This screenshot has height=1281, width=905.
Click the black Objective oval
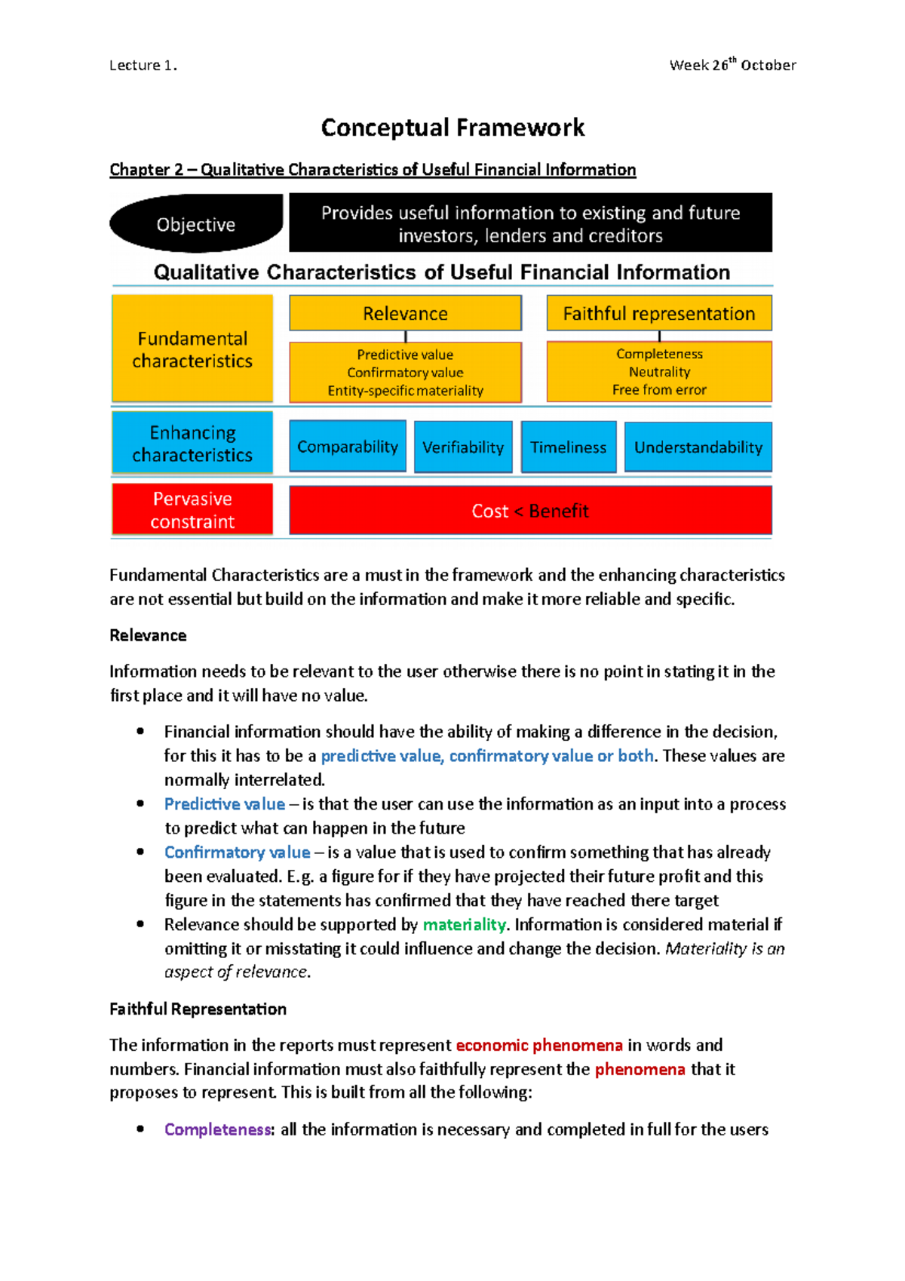(196, 223)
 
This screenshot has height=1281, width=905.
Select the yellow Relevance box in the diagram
(405, 313)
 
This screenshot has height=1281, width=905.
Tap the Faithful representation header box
(658, 313)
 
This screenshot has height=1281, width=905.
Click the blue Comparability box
(348, 447)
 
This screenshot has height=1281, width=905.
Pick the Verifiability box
(463, 447)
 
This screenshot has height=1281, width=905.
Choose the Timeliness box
(568, 447)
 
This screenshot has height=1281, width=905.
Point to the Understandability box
(698, 447)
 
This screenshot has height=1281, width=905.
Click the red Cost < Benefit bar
(530, 511)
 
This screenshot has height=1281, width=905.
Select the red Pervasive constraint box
(192, 510)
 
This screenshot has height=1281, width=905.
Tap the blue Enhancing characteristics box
(192, 444)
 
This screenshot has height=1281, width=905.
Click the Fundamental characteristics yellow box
(192, 349)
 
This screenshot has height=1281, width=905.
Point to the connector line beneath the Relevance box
(406, 336)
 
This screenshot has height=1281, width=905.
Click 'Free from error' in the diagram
(659, 390)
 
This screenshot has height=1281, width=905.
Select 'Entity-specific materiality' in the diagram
(405, 391)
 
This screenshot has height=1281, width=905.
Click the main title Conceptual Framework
(452, 127)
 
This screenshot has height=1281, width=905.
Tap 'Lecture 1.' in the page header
(143, 66)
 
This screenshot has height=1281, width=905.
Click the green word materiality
(464, 924)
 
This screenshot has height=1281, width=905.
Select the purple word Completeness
(217, 1129)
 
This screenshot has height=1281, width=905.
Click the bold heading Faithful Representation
(198, 1009)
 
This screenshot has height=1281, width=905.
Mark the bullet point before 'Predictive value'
(140, 803)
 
